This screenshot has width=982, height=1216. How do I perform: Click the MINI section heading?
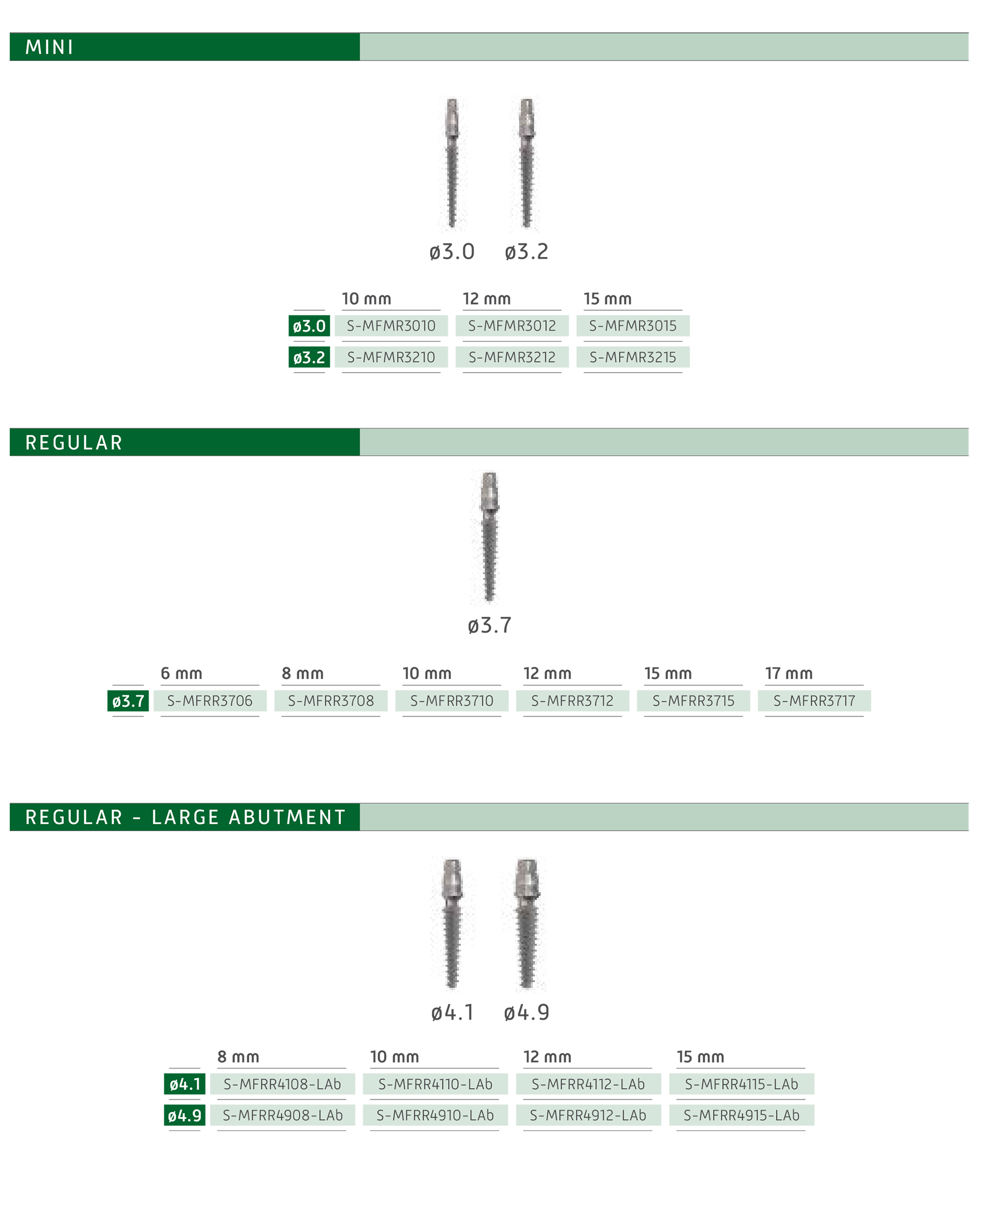(50, 47)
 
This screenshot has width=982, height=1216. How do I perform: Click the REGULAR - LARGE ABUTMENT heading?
(186, 817)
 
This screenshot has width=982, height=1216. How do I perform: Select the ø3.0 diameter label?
(309, 326)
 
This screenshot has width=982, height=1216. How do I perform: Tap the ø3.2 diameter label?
(309, 358)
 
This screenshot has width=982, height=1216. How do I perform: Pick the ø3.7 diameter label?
(128, 701)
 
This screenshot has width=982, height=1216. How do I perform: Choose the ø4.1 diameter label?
(185, 1084)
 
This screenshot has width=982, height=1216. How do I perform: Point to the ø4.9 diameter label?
(185, 1116)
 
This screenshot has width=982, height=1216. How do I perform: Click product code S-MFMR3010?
(391, 326)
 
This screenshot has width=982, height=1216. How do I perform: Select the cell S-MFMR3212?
(512, 358)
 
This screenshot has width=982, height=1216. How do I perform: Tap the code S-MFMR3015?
(632, 326)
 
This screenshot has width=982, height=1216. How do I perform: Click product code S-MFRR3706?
(210, 701)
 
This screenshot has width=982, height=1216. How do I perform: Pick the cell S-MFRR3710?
(452, 701)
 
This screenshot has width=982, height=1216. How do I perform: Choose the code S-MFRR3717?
(814, 701)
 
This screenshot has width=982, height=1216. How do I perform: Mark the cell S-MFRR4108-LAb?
(282, 1084)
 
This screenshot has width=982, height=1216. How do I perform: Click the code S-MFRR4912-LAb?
(588, 1116)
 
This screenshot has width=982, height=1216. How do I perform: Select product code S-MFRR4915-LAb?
(741, 1116)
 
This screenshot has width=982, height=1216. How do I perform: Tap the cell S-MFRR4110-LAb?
(435, 1084)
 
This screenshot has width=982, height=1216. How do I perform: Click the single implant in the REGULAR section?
(489, 536)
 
